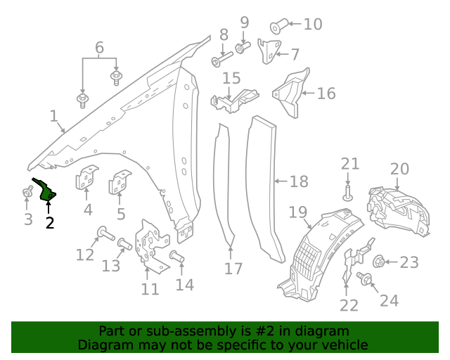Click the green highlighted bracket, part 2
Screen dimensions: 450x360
46,191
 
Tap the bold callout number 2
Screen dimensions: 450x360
50,223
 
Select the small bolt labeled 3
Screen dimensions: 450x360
27,191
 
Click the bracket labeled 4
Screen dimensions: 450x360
86,177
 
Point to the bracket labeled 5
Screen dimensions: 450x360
120,181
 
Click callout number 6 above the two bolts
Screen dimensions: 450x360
99,48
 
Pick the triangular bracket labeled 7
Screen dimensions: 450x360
269,51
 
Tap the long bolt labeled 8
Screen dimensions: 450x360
221,59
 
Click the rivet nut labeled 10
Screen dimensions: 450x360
279,27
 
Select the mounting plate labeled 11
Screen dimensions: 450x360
151,245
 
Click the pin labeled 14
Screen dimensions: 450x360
176,257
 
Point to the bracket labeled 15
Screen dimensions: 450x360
234,101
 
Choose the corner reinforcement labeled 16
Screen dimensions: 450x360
291,92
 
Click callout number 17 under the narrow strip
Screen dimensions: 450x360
233,269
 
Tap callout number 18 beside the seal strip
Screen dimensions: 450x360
299,182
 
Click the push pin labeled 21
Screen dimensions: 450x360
348,194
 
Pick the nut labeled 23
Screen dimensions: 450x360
378,262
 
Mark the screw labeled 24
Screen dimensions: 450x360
364,278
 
